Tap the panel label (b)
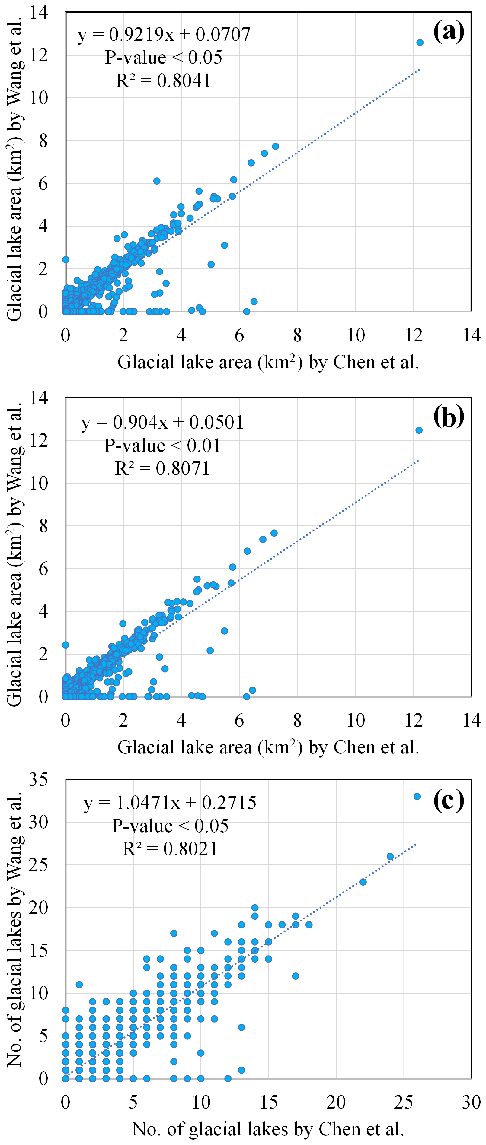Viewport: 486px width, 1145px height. pyautogui.click(x=448, y=417)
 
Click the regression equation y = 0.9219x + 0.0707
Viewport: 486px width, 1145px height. pyautogui.click(x=164, y=34)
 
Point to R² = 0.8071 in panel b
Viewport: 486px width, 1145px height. pyautogui.click(x=162, y=468)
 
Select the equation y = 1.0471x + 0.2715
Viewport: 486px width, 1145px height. pyautogui.click(x=170, y=803)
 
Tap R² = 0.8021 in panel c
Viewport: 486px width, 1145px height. pyautogui.click(x=170, y=849)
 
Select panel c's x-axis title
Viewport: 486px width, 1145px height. pyautogui.click(x=268, y=1129)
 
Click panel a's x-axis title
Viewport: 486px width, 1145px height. pyautogui.click(x=268, y=362)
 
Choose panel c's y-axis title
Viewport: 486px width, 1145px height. pyautogui.click(x=15, y=929)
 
